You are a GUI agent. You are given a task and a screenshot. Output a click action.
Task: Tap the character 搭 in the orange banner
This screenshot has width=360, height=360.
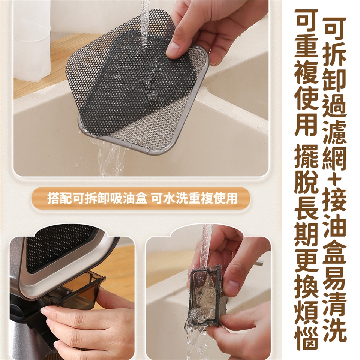click(x=53, y=198)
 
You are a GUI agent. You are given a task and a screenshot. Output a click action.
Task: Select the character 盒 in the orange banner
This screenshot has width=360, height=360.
click(x=140, y=198)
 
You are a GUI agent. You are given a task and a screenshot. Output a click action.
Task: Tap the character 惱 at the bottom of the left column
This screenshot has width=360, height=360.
click(x=306, y=337)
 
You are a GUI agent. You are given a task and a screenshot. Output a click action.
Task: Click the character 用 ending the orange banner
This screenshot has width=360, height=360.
click(x=231, y=198)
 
